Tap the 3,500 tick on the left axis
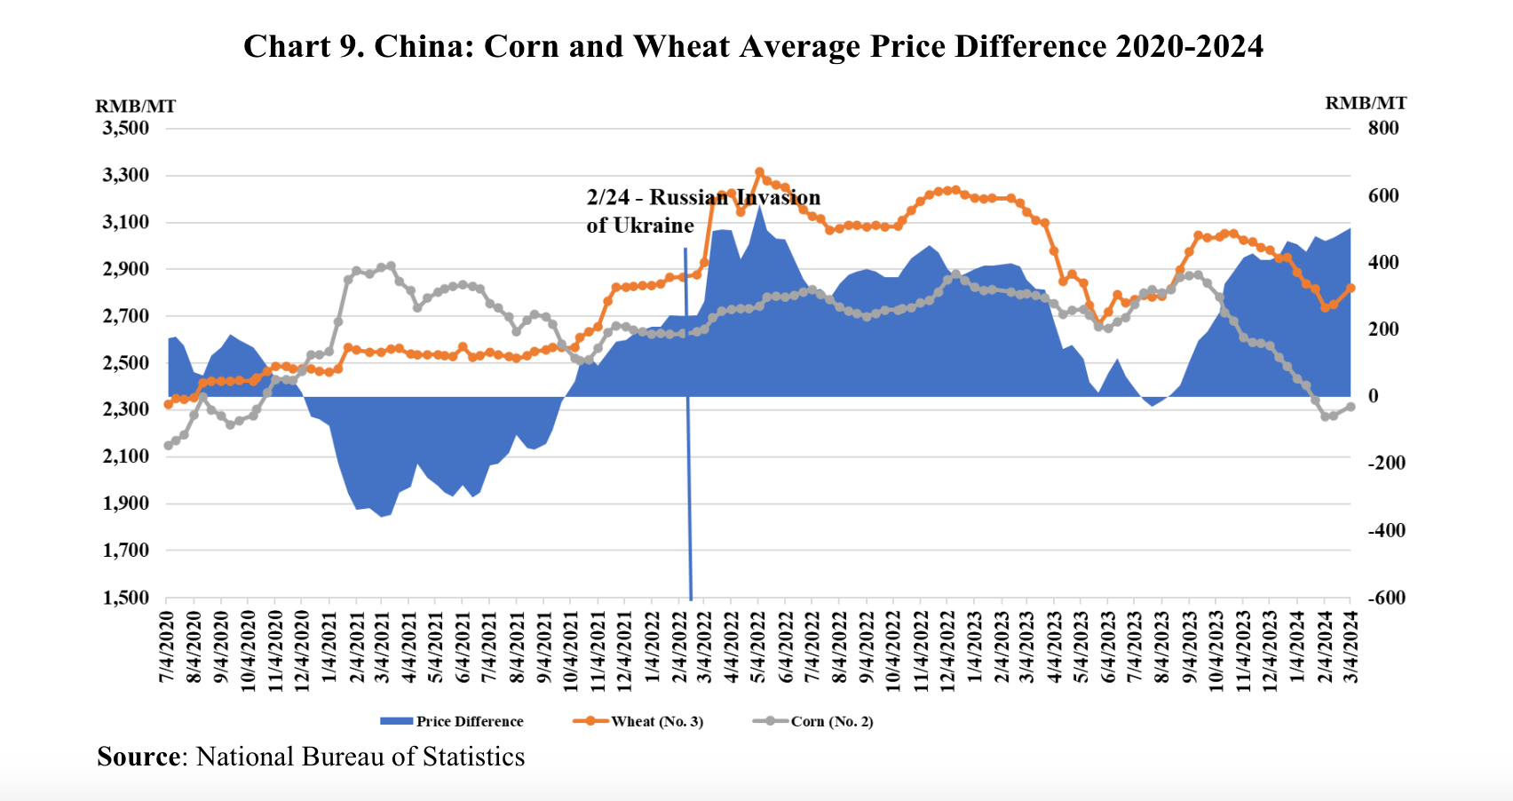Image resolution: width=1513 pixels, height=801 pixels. tap(125, 128)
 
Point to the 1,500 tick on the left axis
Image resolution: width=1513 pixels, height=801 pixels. tap(125, 598)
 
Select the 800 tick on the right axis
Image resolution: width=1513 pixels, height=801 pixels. tap(1382, 128)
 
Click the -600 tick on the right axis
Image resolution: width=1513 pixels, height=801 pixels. tap(1386, 598)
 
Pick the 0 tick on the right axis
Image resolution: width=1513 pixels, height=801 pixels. tap(1374, 396)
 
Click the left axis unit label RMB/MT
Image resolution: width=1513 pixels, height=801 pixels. tap(136, 107)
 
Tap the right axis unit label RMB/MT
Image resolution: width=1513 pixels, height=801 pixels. tap(1366, 103)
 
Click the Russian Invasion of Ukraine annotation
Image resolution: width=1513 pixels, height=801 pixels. tap(702, 210)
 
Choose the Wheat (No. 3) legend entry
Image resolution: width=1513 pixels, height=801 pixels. tap(638, 721)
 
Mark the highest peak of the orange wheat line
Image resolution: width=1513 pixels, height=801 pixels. tap(759, 172)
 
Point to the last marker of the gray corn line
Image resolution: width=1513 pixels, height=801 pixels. tap(1351, 407)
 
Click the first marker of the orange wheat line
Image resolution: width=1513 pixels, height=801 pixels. tap(168, 404)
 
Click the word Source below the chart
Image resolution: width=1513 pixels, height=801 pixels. tap(139, 757)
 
